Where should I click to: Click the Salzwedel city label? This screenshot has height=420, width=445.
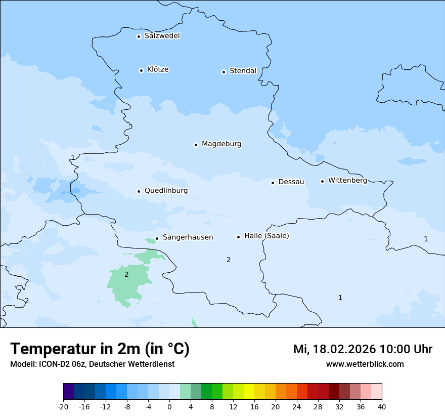coord(162,36)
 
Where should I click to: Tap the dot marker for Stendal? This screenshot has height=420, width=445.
coord(224,72)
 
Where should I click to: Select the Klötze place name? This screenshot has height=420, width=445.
coord(158,69)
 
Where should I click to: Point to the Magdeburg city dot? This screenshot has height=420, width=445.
coord(196,145)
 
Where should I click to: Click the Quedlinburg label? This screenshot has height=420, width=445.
coord(166,191)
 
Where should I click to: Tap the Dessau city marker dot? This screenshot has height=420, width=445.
coord(273,183)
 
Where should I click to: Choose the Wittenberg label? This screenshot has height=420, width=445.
coord(347,181)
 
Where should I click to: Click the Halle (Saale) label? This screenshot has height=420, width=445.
coord(266,236)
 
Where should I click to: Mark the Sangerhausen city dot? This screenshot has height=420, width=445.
coord(157,238)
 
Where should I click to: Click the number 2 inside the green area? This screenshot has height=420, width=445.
coord(126,275)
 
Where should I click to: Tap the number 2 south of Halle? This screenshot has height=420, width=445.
coord(229,260)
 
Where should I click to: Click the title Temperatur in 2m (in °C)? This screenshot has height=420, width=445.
coord(100,349)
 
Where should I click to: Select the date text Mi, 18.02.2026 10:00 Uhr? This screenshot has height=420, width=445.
coord(363,350)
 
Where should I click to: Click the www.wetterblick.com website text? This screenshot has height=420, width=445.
coord(365,364)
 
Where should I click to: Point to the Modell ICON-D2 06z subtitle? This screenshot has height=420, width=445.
coord(92,364)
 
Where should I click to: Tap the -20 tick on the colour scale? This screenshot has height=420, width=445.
coord(63,406)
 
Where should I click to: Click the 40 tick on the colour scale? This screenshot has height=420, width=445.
coord(382,406)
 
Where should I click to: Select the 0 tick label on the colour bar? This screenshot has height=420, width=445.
coord(169,406)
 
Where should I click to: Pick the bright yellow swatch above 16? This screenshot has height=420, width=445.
coord(249,392)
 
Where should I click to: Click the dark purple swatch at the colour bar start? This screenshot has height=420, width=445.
coord(68,392)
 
